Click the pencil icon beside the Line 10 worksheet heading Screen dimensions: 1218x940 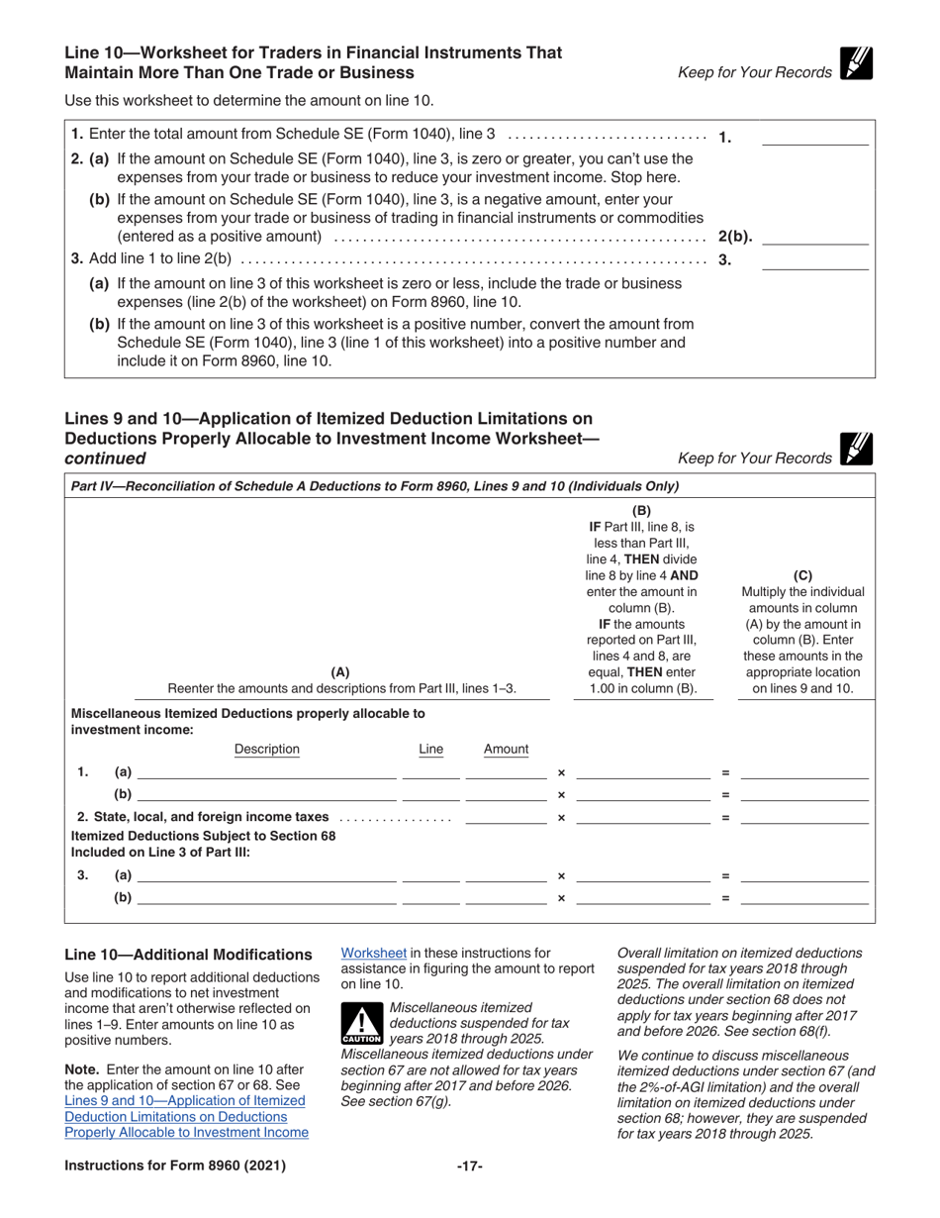[x=855, y=63]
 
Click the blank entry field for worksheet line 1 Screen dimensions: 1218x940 [x=813, y=139]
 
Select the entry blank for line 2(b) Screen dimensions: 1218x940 [x=815, y=237]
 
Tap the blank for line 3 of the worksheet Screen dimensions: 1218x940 [x=813, y=261]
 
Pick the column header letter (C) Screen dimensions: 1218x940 [x=802, y=574]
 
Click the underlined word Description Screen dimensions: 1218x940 [x=266, y=750]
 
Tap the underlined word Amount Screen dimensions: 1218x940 [x=506, y=750]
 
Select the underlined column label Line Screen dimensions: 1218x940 [x=431, y=750]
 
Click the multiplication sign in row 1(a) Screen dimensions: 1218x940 [x=561, y=772]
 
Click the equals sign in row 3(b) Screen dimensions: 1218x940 [x=725, y=898]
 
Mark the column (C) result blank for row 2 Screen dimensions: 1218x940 [x=804, y=818]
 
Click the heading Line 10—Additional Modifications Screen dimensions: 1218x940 [x=188, y=955]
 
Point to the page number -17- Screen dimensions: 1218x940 [x=469, y=1167]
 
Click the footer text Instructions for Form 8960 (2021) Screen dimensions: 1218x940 [x=175, y=1167]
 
